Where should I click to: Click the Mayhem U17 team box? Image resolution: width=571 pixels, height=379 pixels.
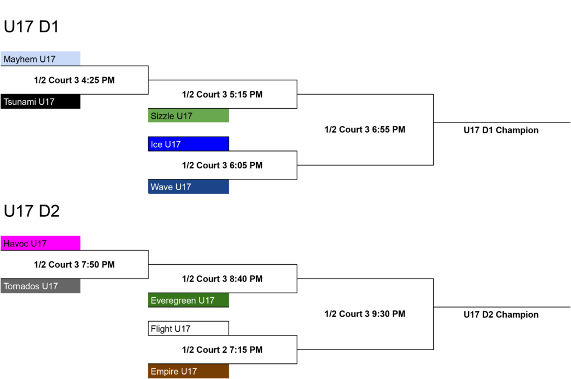pos(40,59)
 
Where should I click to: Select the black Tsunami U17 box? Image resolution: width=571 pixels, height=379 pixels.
pos(40,101)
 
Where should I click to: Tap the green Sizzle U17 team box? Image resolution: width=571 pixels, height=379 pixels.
pos(188,115)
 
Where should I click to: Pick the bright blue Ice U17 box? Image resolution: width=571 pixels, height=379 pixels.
pos(188,144)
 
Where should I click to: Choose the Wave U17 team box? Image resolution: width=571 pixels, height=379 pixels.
pos(188,187)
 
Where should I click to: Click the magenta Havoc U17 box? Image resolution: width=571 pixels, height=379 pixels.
pos(40,243)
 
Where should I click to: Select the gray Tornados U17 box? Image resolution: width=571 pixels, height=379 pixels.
pos(40,286)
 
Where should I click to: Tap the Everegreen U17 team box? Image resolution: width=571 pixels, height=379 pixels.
pos(188,300)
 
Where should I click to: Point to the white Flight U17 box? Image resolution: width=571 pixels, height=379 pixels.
pos(188,328)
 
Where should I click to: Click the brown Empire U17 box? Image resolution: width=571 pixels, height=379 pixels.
pos(188,371)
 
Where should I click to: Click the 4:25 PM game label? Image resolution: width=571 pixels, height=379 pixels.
pos(74,80)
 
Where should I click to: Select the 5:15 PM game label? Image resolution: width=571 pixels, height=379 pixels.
pos(222,94)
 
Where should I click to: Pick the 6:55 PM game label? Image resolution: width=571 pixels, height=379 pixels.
pos(365,129)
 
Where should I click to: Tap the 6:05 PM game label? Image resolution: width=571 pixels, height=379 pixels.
pos(222,166)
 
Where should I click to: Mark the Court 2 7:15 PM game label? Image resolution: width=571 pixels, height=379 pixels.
pos(222,350)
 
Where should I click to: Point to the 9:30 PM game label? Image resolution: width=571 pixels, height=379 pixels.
pos(365,314)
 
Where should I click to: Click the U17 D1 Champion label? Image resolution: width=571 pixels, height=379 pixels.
pos(501,130)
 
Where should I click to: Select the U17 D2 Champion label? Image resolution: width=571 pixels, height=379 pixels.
pos(501,314)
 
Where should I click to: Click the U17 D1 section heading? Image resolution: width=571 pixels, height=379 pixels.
pos(31,27)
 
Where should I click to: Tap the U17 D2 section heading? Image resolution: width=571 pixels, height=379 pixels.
pos(32,211)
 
